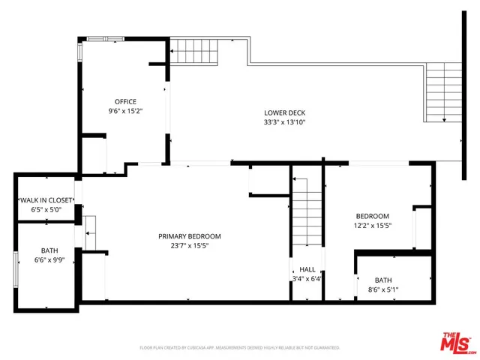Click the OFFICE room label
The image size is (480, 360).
(x=125, y=101)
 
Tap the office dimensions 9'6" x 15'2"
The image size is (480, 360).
(x=125, y=110)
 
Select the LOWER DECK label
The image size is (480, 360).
(x=284, y=112)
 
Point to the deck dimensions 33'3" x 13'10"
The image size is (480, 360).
(x=284, y=122)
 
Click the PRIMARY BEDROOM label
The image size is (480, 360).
(x=189, y=236)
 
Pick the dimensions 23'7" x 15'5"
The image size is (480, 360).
(x=189, y=246)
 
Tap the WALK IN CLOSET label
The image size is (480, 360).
(x=46, y=200)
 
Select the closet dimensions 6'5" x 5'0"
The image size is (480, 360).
(x=46, y=210)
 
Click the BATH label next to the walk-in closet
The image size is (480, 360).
(x=49, y=251)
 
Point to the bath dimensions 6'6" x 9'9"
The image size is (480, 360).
(x=49, y=261)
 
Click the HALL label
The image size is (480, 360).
(x=307, y=269)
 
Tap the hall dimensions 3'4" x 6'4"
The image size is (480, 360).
(x=307, y=279)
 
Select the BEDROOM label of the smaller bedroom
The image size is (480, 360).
(x=372, y=215)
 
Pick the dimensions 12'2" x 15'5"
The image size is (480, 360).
(x=372, y=225)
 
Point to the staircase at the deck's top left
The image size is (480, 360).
(x=196, y=50)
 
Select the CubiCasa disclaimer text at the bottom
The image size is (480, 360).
(x=240, y=348)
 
